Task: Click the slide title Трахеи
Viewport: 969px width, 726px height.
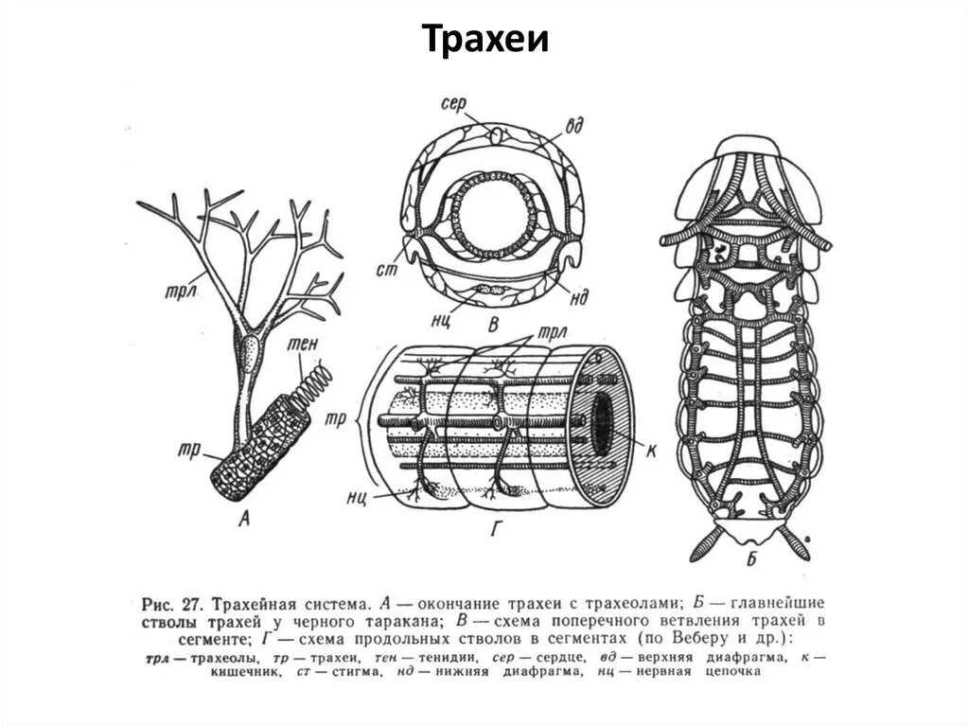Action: [x=484, y=41]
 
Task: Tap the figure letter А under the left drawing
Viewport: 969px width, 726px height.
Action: [x=245, y=517]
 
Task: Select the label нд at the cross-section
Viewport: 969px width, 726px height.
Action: [x=579, y=297]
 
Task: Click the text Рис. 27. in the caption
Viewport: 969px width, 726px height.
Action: [x=171, y=603]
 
